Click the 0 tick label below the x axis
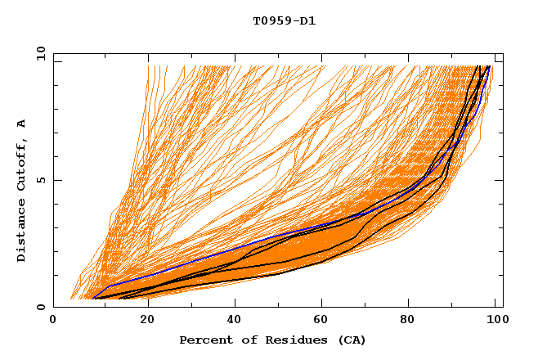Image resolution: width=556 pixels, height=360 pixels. (54, 321)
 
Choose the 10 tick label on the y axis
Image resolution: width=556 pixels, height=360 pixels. (40, 53)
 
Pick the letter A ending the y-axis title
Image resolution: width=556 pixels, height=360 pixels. (22, 124)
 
